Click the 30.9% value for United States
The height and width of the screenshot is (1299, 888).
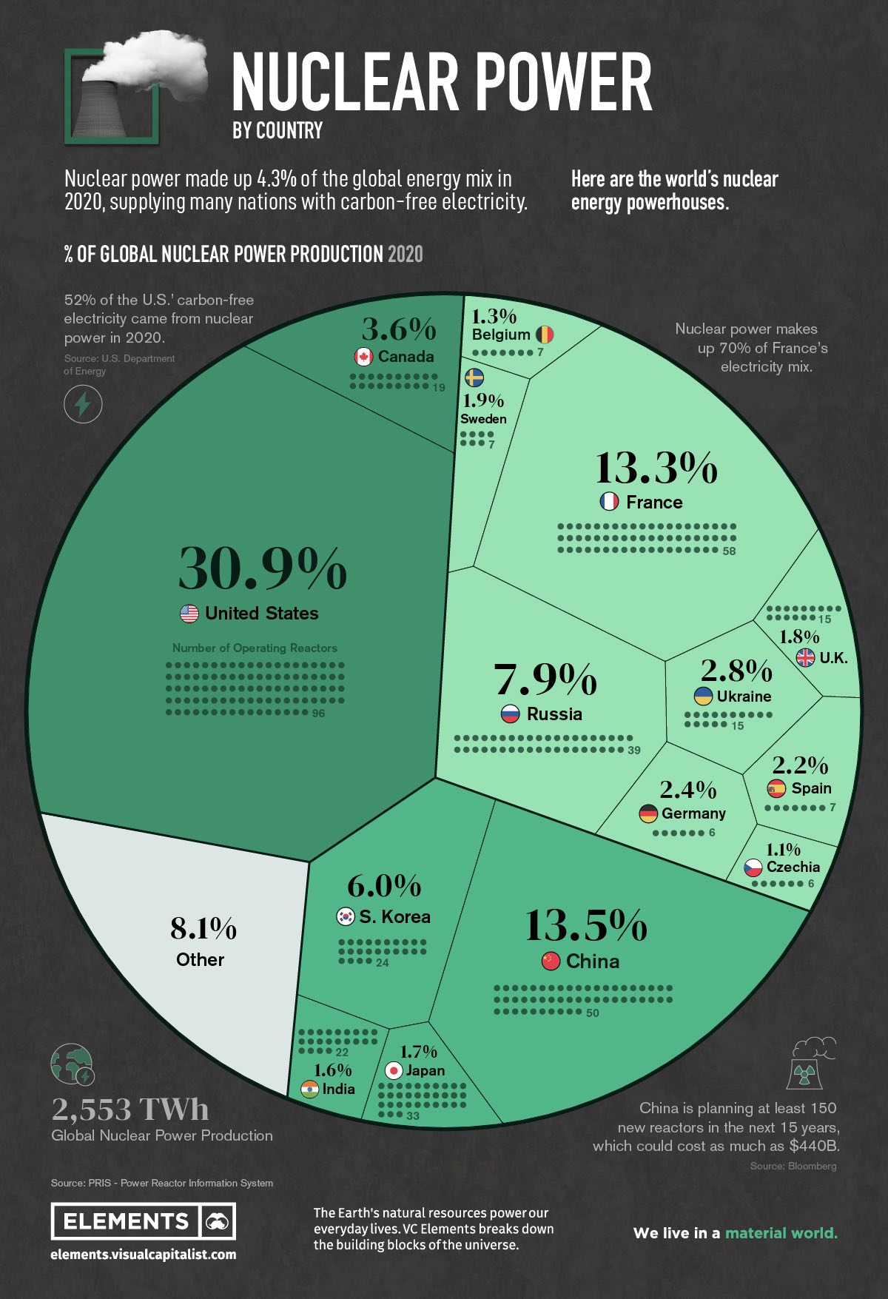click(x=262, y=568)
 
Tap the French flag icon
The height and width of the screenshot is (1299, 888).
click(x=609, y=502)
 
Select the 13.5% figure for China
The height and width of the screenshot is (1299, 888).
click(x=585, y=925)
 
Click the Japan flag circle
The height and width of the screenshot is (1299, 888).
click(x=394, y=1070)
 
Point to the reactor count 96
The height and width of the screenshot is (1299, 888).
click(x=318, y=714)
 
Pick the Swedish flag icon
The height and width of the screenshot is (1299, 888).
click(x=474, y=378)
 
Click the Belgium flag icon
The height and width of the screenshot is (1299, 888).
click(x=545, y=335)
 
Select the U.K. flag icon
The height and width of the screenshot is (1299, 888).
click(x=805, y=657)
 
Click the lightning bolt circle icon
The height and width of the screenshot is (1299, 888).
click(x=83, y=404)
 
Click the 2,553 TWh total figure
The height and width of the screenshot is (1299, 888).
click(x=130, y=1109)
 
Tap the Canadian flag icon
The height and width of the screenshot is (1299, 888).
click(x=363, y=357)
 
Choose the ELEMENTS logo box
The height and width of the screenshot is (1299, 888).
click(x=143, y=1221)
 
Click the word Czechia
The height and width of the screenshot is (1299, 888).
click(x=793, y=867)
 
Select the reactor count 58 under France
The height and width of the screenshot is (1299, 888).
click(x=729, y=551)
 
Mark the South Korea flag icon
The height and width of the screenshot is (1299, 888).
click(x=346, y=916)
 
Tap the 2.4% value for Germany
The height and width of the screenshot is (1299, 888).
click(x=688, y=790)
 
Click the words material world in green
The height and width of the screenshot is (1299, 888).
click(x=781, y=1232)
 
